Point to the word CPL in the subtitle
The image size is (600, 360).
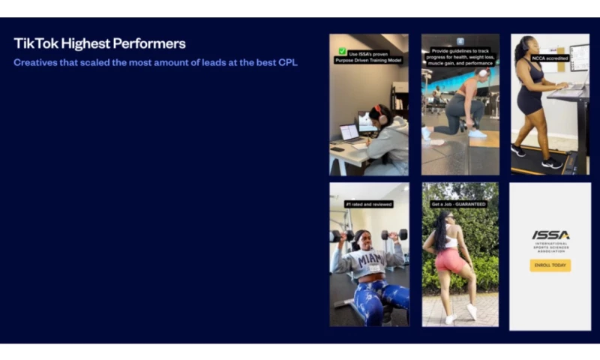click(288, 62)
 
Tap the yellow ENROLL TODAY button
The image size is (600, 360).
click(550, 265)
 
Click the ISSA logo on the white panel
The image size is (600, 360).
click(550, 235)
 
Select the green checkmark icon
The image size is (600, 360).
click(342, 51)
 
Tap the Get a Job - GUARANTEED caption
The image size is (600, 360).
click(459, 203)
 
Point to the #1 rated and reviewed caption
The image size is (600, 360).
click(369, 203)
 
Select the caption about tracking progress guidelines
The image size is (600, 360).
click(460, 57)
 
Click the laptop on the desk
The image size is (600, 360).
click(350, 133)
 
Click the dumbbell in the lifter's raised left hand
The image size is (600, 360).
click(393, 234)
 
